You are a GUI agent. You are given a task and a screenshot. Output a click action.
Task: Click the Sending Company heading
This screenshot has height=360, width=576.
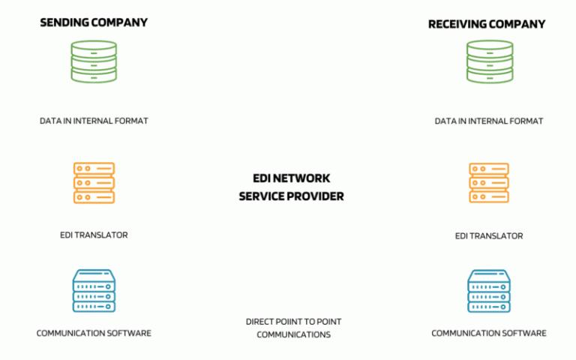[x=94, y=22]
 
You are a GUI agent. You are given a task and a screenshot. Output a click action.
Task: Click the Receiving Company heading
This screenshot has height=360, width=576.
[x=487, y=24]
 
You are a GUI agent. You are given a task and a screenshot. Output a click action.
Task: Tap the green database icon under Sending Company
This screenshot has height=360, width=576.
[x=94, y=61]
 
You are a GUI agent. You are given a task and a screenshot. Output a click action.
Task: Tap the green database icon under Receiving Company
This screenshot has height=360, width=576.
[x=490, y=61]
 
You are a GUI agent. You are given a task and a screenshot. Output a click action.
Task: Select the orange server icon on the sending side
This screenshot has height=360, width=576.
[x=94, y=183]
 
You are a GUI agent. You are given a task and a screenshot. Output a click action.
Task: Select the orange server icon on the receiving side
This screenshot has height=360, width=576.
[x=489, y=183]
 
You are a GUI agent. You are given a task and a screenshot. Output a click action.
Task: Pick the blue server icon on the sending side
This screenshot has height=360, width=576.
[x=94, y=291]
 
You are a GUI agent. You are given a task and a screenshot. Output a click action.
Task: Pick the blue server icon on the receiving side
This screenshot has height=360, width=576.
[x=489, y=291]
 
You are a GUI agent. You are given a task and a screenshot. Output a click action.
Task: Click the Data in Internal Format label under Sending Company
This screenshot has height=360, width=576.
[x=94, y=121]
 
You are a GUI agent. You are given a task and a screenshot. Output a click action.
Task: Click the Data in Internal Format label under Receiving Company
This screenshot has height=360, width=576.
[x=489, y=121]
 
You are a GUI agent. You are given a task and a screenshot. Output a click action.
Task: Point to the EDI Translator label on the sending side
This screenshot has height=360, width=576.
[x=94, y=235]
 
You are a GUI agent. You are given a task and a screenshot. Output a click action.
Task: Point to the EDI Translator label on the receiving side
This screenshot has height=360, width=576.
[x=489, y=235]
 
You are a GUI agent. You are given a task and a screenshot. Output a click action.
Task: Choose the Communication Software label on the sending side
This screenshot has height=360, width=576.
[x=94, y=333]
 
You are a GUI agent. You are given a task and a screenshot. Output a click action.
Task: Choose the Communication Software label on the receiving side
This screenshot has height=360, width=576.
[x=489, y=333]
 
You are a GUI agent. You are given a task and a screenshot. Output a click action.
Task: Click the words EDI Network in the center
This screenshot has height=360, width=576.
[x=292, y=178]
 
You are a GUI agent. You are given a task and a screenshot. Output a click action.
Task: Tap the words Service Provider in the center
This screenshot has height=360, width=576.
[x=292, y=196]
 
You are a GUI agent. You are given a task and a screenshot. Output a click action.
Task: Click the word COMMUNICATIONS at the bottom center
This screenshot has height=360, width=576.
[x=294, y=334]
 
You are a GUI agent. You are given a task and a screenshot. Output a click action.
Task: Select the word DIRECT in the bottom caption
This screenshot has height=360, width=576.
[x=259, y=322]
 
